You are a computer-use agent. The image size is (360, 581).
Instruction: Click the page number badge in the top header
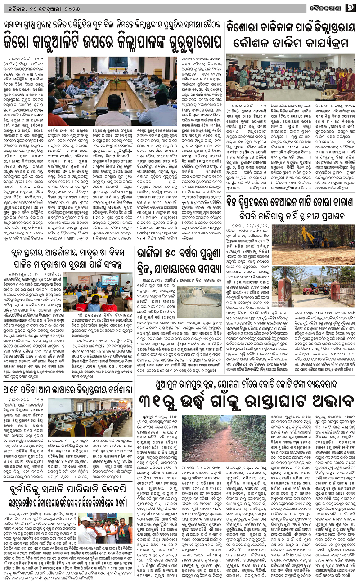(x=351, y=8)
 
